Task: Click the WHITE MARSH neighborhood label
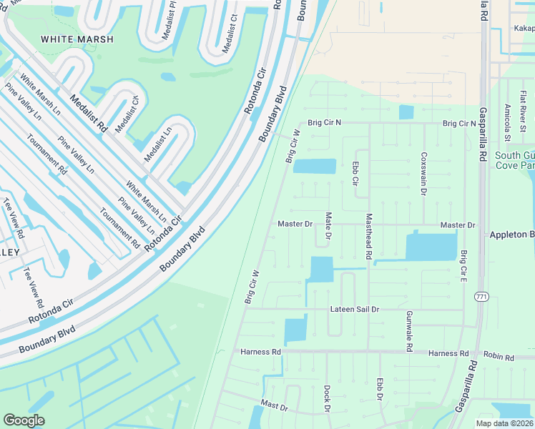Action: click(77, 39)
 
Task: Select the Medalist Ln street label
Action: click(158, 144)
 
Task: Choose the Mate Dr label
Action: click(328, 225)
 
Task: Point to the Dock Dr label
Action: click(326, 398)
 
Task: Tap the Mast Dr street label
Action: click(274, 406)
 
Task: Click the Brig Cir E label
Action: click(463, 265)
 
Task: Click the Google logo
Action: click(24, 420)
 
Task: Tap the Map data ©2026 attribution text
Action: click(504, 423)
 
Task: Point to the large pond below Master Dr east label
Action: click(431, 247)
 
